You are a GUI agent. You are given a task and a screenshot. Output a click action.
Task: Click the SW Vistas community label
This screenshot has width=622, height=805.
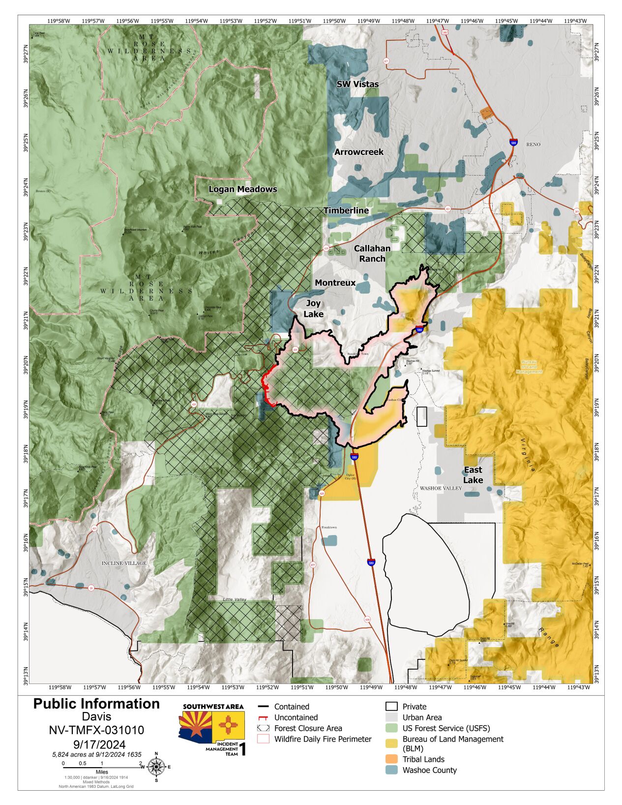(357, 84)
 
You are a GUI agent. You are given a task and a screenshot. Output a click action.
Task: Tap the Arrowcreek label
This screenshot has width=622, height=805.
(359, 152)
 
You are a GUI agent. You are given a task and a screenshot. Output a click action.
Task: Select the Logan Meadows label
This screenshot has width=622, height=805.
(243, 189)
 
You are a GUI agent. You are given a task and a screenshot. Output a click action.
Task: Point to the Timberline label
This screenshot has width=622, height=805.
(346, 210)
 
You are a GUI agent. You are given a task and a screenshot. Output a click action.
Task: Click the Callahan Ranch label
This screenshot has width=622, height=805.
(372, 253)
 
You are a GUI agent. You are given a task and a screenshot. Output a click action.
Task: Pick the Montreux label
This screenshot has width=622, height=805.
(335, 283)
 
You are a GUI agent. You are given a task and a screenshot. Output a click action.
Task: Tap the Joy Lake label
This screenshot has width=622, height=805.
(314, 309)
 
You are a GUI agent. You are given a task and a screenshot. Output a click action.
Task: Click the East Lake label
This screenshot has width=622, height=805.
(473, 475)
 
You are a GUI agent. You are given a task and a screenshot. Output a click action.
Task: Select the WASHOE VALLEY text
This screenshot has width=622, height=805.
(441, 488)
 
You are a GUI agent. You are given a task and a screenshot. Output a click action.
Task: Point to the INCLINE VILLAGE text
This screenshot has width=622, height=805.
(124, 563)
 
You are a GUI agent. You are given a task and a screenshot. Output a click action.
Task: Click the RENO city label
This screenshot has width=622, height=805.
(533, 145)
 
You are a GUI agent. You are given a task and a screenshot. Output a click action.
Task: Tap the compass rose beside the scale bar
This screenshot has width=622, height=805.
(156, 767)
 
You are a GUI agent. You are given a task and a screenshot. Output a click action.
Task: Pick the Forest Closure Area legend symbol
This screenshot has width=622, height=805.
(264, 728)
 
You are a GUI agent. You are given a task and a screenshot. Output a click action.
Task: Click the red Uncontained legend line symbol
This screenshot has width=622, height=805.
(264, 717)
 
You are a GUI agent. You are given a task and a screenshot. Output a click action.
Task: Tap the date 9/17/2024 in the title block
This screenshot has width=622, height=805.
(96, 745)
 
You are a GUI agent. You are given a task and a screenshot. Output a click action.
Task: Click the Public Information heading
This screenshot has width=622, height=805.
(96, 704)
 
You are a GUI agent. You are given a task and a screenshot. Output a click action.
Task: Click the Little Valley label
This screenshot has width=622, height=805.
(235, 599)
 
